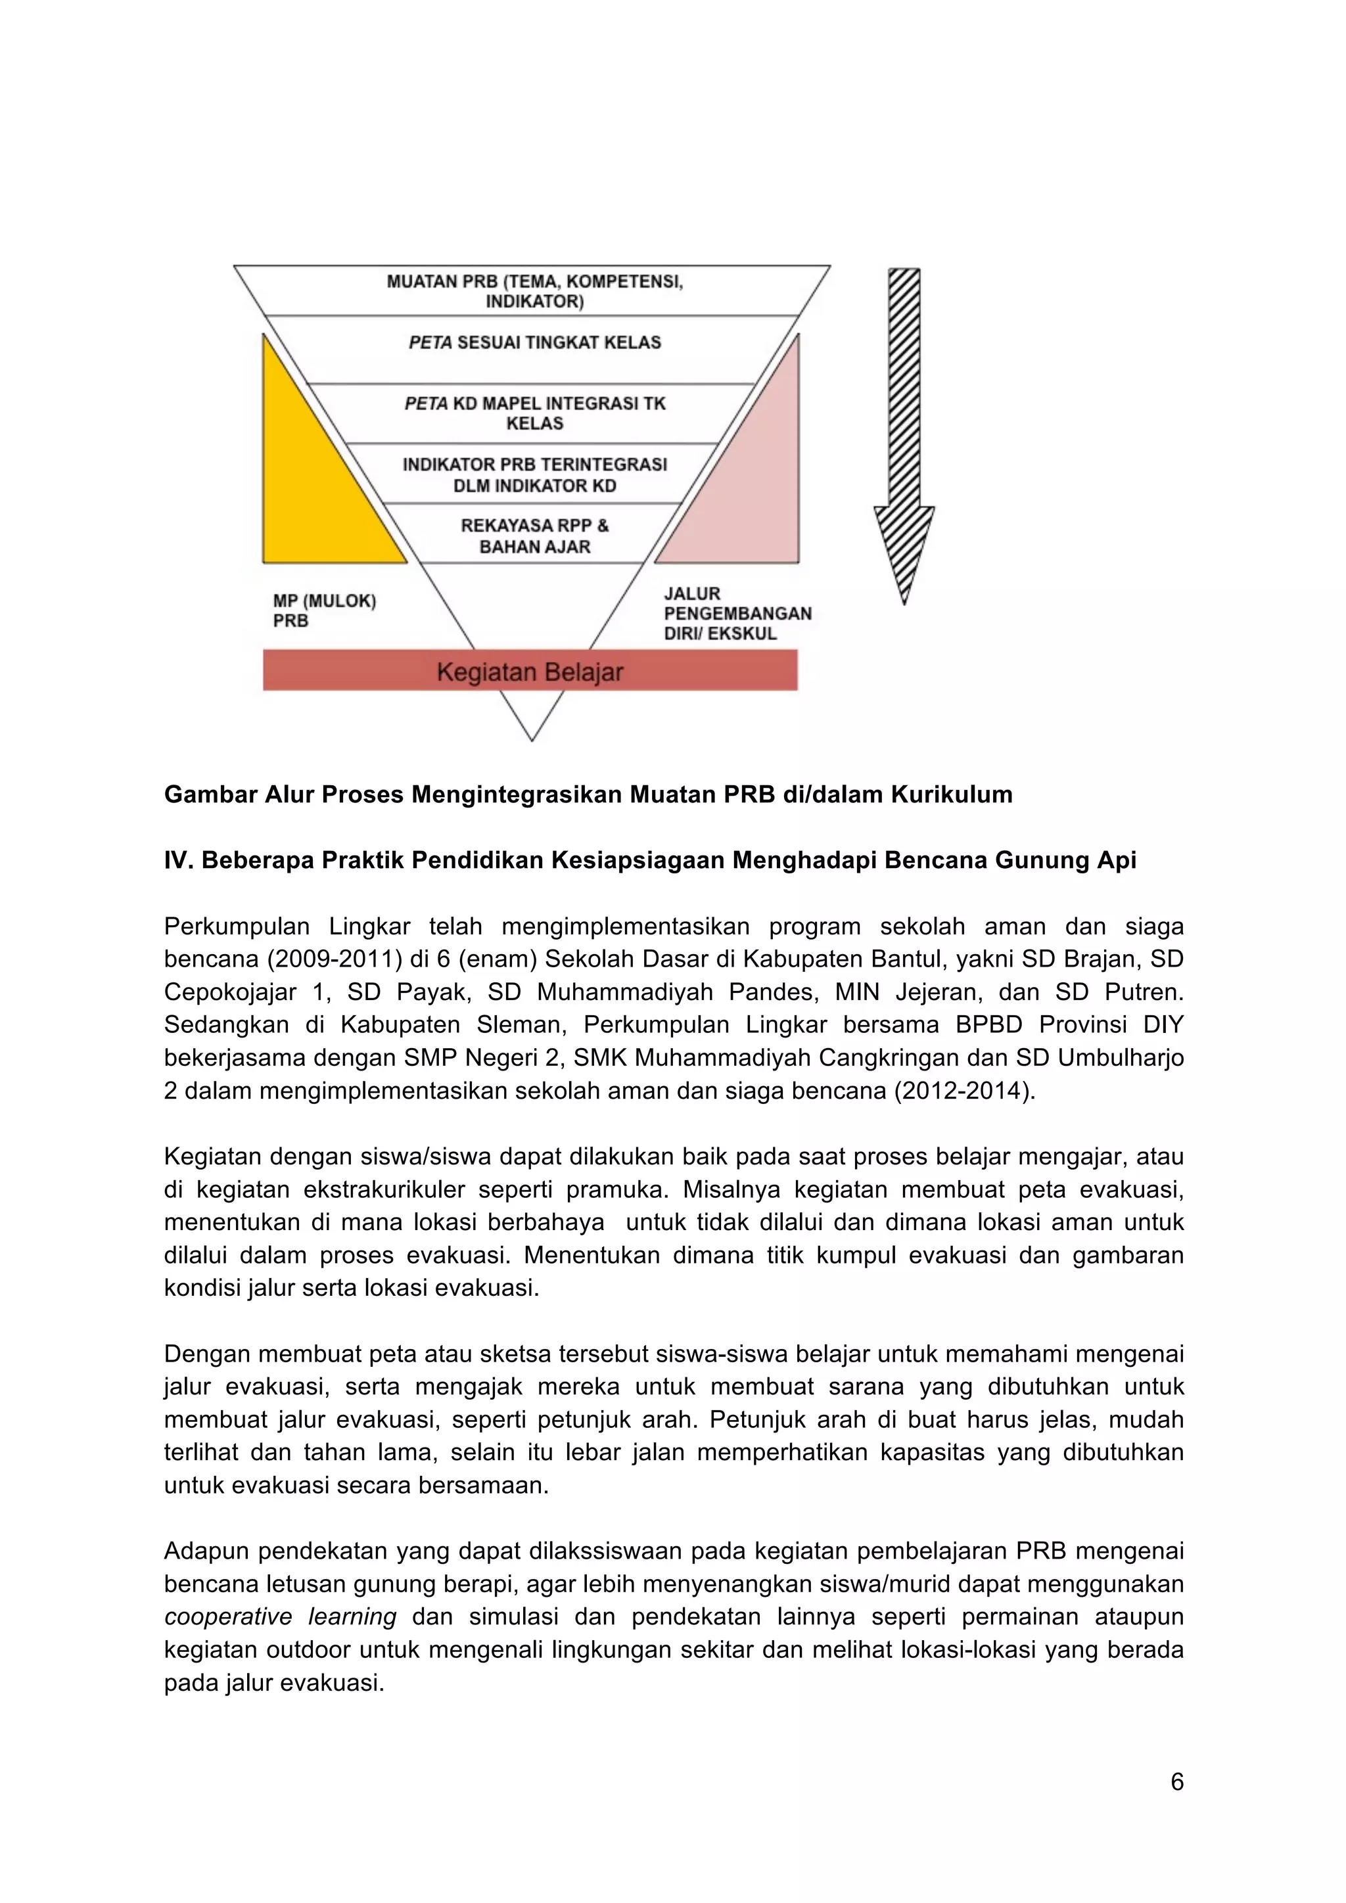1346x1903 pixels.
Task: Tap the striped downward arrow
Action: click(x=904, y=431)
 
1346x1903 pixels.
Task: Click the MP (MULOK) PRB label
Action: click(x=324, y=611)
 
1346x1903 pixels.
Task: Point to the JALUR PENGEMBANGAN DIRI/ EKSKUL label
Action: click(x=737, y=613)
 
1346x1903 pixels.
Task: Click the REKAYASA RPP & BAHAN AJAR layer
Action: click(x=534, y=536)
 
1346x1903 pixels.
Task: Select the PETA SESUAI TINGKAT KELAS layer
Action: click(x=534, y=342)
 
